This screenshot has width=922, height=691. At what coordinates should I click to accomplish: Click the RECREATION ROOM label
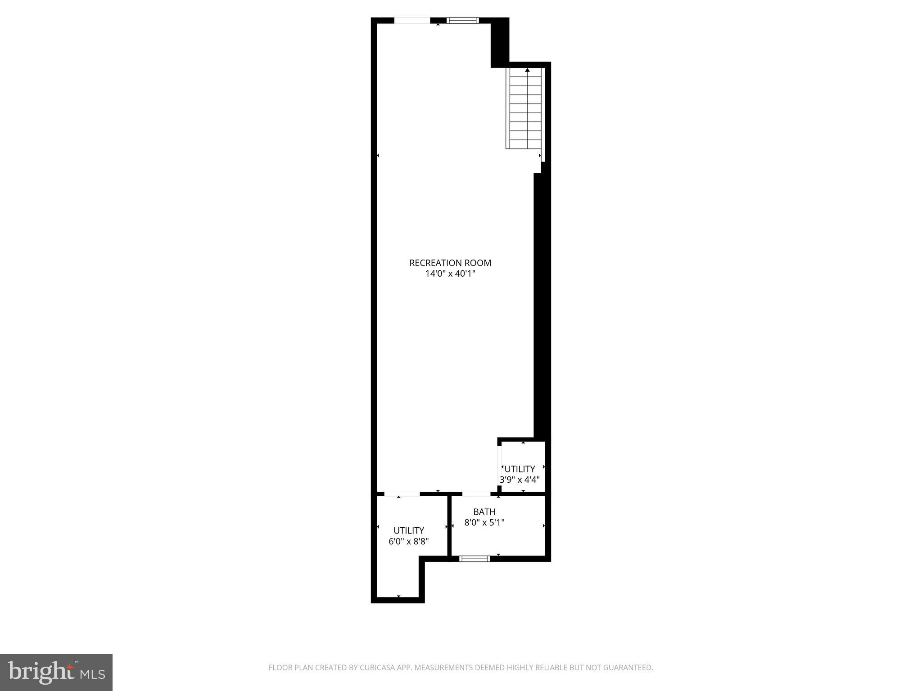point(450,263)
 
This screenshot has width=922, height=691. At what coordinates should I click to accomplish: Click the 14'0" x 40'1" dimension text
point(450,274)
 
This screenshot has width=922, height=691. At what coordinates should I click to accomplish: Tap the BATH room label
point(484,512)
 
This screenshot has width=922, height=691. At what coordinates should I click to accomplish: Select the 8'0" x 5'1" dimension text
point(484,523)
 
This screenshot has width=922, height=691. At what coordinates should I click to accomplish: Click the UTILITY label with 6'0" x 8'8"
point(408,530)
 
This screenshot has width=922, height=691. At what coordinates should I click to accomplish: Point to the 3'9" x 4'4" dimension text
point(519,480)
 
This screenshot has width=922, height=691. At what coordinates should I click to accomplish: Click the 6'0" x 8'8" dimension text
point(408,541)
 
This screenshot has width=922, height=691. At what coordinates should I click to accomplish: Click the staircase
point(524,110)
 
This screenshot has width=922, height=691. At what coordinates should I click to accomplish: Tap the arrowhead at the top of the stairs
point(527,70)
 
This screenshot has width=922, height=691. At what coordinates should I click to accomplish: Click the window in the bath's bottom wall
point(474,559)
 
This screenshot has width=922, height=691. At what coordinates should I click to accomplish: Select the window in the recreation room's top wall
point(462,20)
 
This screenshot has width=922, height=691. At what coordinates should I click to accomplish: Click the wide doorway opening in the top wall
point(412,20)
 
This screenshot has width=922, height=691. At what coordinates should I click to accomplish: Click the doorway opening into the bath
point(476,494)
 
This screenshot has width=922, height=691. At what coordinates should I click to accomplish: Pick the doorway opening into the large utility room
point(402,494)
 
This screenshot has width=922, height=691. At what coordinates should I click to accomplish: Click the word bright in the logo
point(41,672)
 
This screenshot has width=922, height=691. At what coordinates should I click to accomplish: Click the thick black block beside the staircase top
point(499,43)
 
